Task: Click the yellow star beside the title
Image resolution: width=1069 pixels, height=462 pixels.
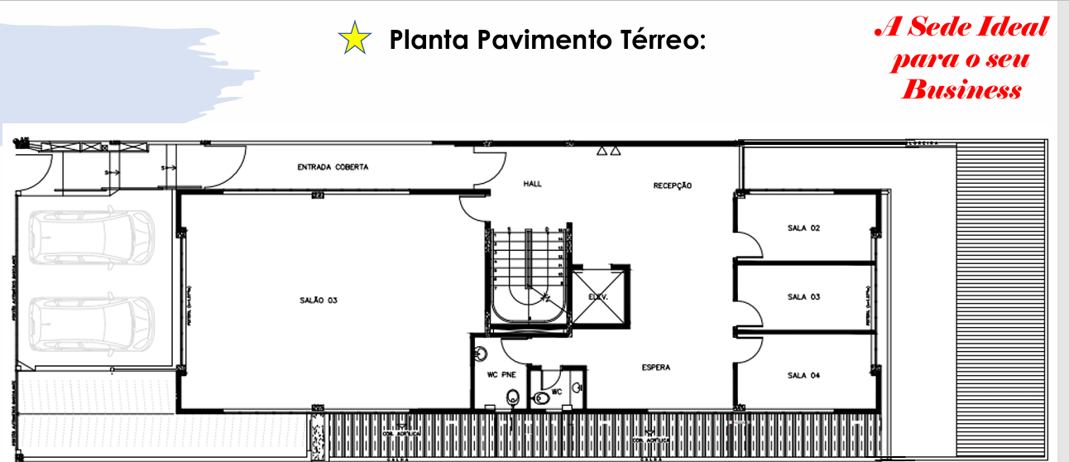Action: (354, 40)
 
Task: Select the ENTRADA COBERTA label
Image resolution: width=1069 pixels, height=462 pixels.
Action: (333, 167)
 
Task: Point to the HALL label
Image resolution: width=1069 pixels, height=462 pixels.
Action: (532, 184)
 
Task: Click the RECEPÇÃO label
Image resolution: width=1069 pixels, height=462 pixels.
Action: (672, 185)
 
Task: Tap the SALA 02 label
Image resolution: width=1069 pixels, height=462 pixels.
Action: (803, 228)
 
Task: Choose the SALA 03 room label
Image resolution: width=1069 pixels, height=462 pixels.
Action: (803, 296)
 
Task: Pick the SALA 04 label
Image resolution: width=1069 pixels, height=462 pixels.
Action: (803, 375)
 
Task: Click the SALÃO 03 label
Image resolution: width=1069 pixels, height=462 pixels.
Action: (319, 300)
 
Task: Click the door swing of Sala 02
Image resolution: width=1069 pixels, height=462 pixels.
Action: (749, 245)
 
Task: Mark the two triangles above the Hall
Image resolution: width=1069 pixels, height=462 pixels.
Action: (608, 152)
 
